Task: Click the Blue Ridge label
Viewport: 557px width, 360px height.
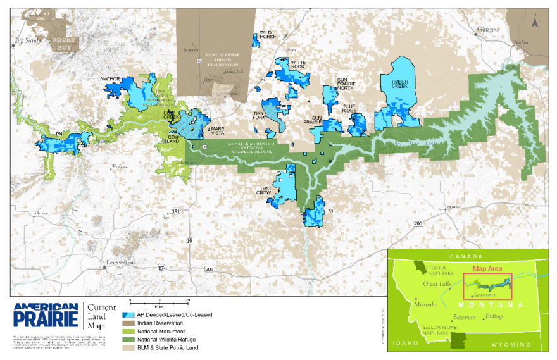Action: point(351,108)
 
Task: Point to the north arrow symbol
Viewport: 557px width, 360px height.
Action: point(535,22)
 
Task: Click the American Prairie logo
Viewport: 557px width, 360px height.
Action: point(45,314)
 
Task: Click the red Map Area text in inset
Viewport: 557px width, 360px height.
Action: point(487,268)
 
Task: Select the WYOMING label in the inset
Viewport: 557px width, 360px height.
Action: point(511,344)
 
